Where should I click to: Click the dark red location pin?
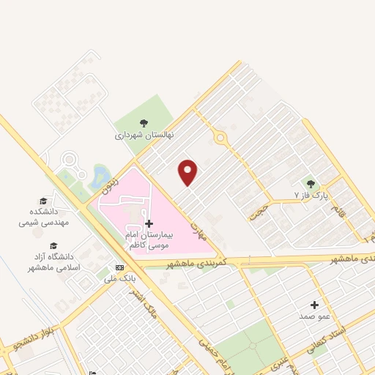(x=188, y=172)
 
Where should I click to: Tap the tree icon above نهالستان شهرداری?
(x=144, y=123)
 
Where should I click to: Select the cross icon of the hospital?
(x=149, y=223)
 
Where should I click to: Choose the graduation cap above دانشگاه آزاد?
(x=53, y=245)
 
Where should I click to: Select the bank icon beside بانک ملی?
(x=119, y=267)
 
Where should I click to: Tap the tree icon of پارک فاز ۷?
(x=311, y=184)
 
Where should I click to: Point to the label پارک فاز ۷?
(x=308, y=196)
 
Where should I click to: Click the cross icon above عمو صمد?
(x=315, y=305)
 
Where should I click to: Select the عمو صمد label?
(x=315, y=316)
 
